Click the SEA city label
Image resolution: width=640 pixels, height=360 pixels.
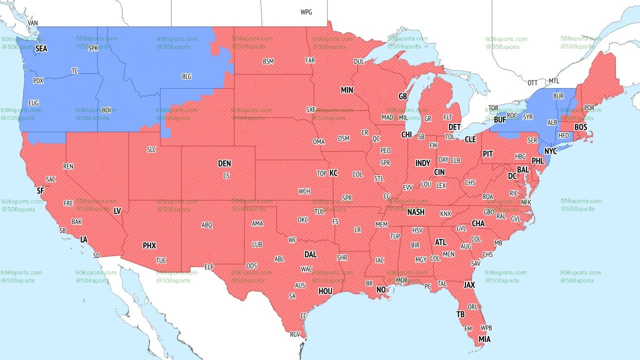click(41, 49)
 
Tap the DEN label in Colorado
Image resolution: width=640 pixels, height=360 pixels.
click(224, 163)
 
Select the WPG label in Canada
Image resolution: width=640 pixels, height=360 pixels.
click(306, 12)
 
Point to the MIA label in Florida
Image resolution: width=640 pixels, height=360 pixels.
click(484, 339)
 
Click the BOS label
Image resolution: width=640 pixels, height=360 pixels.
click(580, 127)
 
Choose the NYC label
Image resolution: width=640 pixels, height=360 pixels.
click(550, 150)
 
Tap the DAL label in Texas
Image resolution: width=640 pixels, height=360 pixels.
click(310, 254)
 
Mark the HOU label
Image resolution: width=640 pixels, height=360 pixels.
click(325, 291)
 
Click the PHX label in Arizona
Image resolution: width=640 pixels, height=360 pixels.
click(149, 245)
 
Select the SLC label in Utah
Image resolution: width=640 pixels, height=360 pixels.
click(151, 149)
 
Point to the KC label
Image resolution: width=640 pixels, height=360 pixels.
click(333, 173)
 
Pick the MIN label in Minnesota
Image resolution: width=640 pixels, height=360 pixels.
click(347, 90)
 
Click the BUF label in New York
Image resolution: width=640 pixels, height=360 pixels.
click(499, 120)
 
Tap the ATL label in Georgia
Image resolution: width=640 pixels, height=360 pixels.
click(440, 242)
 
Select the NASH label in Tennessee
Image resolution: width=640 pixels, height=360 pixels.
click(415, 212)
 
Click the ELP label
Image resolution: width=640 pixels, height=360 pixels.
click(209, 267)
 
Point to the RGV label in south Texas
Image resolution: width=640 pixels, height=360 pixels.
click(295, 334)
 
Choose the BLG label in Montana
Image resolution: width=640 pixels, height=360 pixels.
click(186, 76)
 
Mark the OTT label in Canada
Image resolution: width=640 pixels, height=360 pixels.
click(532, 82)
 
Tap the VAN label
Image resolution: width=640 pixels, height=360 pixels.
click(33, 23)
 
